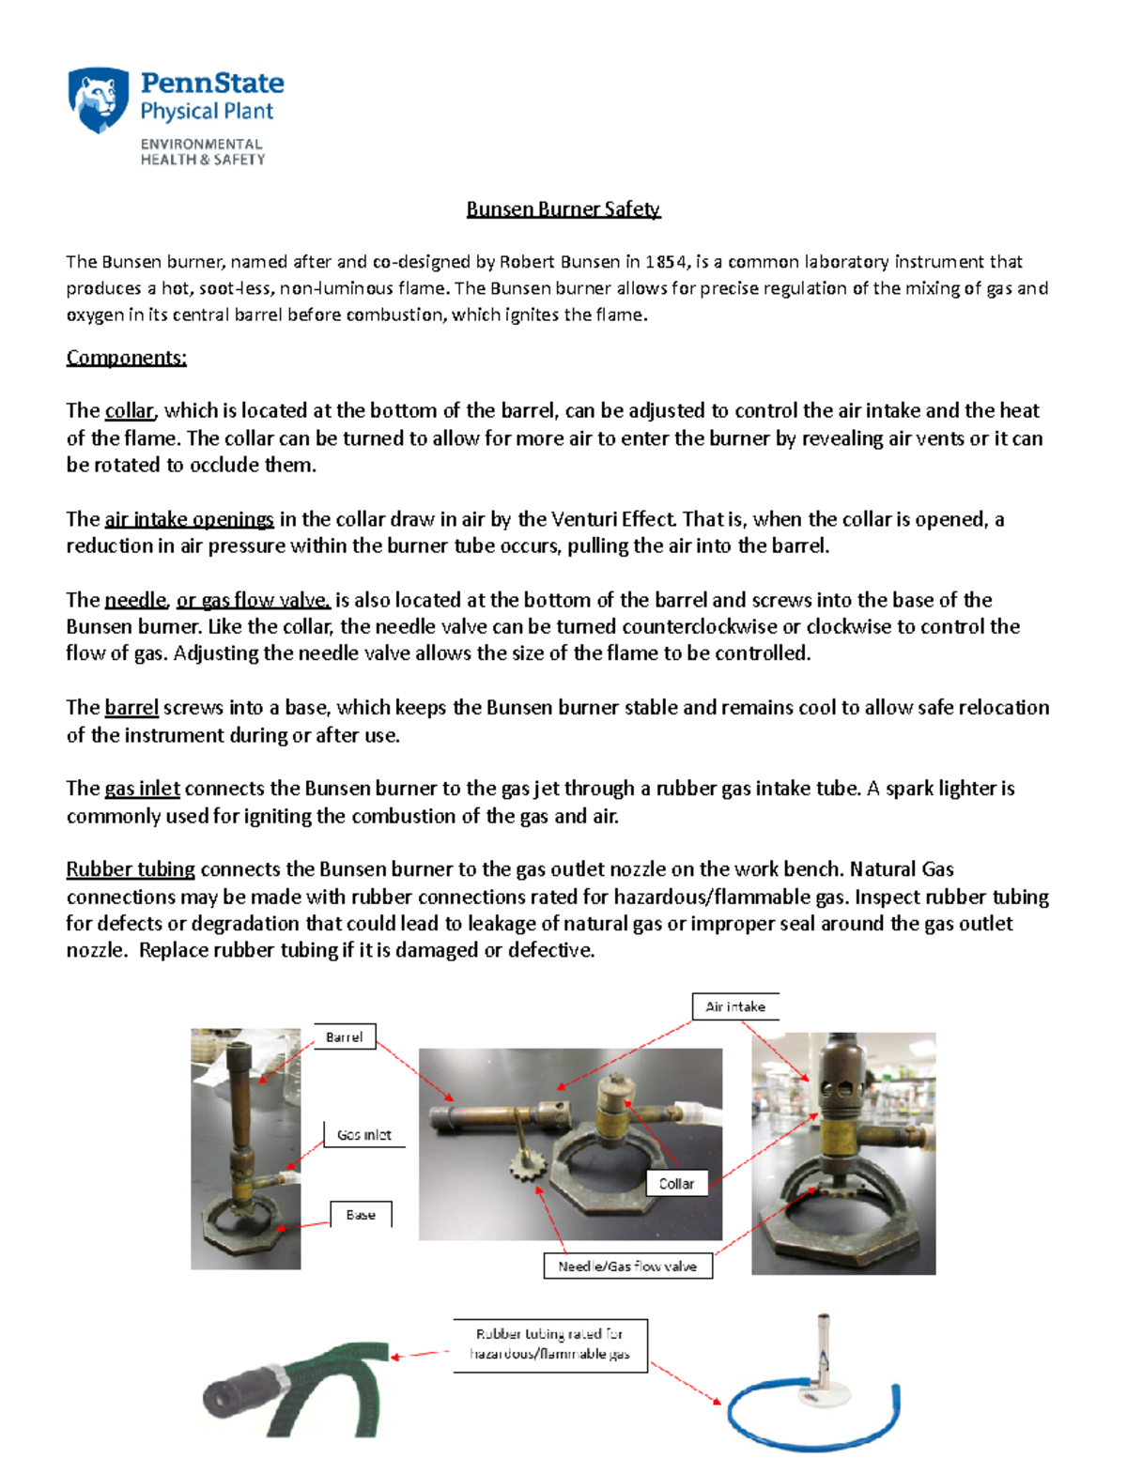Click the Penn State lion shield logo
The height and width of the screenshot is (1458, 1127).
[98, 100]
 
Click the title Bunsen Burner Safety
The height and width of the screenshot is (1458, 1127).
[563, 208]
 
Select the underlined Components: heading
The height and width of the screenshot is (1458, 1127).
[127, 358]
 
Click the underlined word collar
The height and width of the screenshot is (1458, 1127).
[130, 411]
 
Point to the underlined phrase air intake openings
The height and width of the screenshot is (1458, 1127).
[189, 519]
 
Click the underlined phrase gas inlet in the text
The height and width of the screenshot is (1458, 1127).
[142, 789]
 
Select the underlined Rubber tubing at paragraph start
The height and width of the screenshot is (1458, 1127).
[131, 869]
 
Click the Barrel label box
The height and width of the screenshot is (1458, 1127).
[344, 1036]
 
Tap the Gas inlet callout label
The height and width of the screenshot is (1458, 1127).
[363, 1134]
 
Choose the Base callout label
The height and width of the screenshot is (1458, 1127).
[361, 1214]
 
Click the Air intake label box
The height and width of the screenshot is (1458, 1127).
[735, 1006]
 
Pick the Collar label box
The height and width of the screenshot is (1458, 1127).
[676, 1183]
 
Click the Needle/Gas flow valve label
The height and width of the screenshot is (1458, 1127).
[627, 1266]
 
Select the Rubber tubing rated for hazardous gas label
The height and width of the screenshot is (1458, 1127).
[550, 1344]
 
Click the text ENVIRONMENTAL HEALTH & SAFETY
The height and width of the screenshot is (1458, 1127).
[203, 152]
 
